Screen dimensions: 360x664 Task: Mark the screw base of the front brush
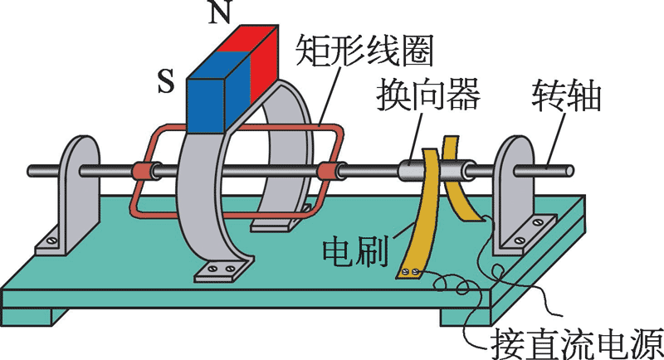(x=412, y=272)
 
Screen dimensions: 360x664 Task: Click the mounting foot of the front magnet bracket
(x=219, y=269)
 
